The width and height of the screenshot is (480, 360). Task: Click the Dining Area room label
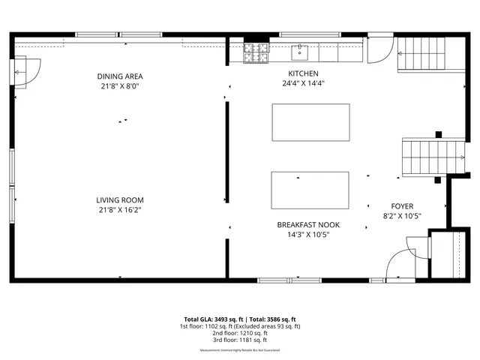[119, 76]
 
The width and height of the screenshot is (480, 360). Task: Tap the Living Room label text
[119, 199]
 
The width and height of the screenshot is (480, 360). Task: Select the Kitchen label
[304, 73]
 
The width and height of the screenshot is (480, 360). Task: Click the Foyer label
[402, 205]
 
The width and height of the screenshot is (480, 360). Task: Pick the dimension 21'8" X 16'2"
[119, 210]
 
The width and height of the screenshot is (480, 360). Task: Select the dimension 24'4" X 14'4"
[304, 83]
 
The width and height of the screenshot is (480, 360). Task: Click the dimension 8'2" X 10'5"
[402, 216]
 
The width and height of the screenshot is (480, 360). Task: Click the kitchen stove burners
[255, 52]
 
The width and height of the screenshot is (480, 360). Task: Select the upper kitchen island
[310, 122]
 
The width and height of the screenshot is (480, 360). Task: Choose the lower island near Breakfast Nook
[310, 190]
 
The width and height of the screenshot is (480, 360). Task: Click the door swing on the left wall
[27, 73]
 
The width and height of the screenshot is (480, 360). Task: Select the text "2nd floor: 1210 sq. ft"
[240, 334]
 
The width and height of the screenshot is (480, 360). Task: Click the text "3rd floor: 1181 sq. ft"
[240, 341]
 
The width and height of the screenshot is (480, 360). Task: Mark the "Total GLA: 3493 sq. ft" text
[214, 319]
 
